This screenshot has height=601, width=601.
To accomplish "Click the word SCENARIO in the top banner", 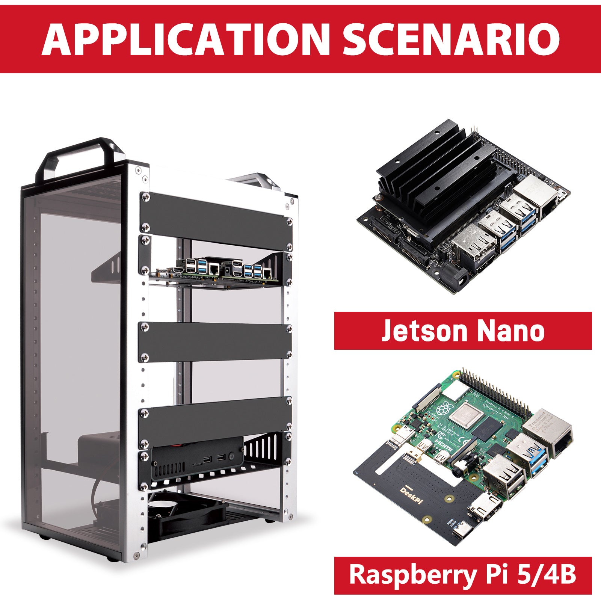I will pos(451,39).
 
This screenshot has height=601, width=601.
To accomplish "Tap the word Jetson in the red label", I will pos(423,331).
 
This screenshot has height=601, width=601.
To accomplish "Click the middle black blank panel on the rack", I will pos(214,342).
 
